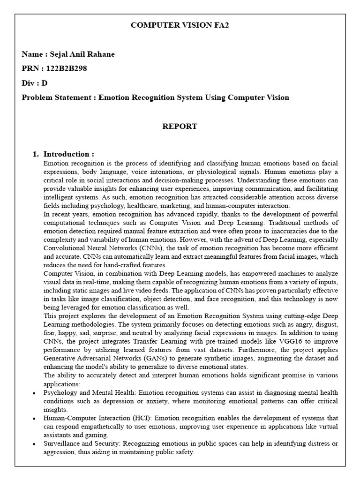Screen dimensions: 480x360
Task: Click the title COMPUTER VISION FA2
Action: [x=180, y=26]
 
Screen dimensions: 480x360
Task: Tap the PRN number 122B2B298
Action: [x=66, y=68]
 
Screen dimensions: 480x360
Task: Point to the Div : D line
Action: [x=35, y=83]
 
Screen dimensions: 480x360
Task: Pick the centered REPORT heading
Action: [x=180, y=127]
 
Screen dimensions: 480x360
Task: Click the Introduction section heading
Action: [x=68, y=154]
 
